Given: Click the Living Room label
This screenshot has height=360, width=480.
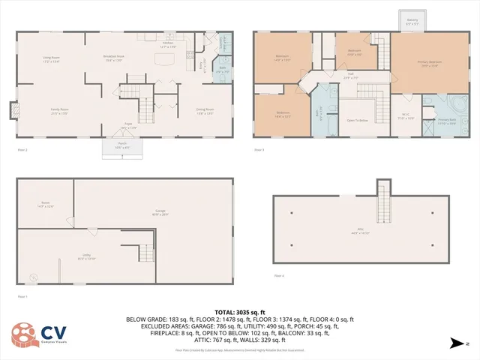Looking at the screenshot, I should pyautogui.click(x=50, y=59).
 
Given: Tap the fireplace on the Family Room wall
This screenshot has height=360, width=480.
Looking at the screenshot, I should pyautogui.click(x=13, y=111).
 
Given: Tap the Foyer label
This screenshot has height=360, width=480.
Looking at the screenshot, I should pyautogui.click(x=128, y=126).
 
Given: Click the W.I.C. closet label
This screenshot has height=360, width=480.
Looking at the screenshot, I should pyautogui.click(x=405, y=116).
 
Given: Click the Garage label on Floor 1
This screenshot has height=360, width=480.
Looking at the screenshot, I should pyautogui.click(x=160, y=211).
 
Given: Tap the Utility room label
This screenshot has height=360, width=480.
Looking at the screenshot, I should pyautogui.click(x=88, y=256).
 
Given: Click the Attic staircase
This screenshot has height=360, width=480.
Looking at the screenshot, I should pyautogui.click(x=383, y=196).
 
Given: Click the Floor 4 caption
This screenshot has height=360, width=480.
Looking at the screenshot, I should pyautogui.click(x=278, y=276).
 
